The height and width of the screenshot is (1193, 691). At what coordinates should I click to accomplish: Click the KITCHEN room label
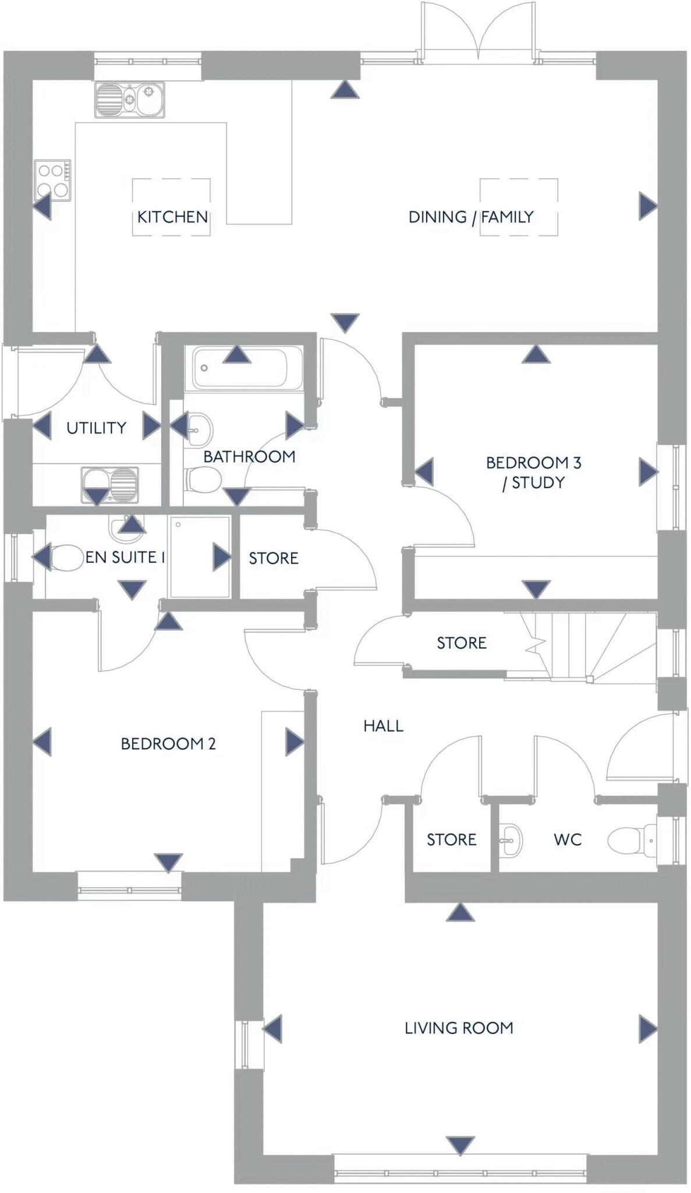[x=172, y=217]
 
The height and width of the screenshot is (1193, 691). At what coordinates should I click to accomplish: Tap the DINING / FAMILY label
[x=471, y=217]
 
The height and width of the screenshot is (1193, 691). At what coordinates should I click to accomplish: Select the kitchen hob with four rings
[x=52, y=180]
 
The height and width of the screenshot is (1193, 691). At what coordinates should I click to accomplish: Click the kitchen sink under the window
[x=130, y=100]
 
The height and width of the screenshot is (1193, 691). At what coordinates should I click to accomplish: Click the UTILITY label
[x=96, y=428]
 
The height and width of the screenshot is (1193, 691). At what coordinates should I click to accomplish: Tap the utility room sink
[x=110, y=485]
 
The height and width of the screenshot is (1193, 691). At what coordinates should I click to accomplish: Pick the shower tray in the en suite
[x=200, y=557]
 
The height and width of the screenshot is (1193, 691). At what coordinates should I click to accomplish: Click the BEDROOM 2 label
[x=168, y=744]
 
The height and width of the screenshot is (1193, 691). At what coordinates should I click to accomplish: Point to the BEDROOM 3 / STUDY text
[x=534, y=472]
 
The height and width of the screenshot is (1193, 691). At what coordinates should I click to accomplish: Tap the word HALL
[x=383, y=726]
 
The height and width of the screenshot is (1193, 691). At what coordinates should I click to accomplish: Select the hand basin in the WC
[x=511, y=840]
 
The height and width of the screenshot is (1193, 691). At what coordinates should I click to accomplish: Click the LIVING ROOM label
[x=459, y=1028]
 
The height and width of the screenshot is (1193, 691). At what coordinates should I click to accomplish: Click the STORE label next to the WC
[x=451, y=839]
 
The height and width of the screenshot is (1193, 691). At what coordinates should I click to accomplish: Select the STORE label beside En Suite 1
[x=274, y=558]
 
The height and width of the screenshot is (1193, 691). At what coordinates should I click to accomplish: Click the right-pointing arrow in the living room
[x=648, y=1029]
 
